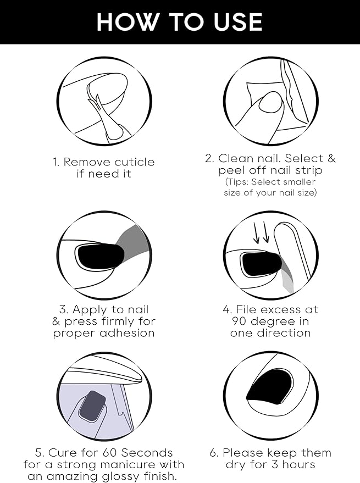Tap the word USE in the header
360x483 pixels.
[238, 22]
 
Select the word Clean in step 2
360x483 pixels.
[237, 158]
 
